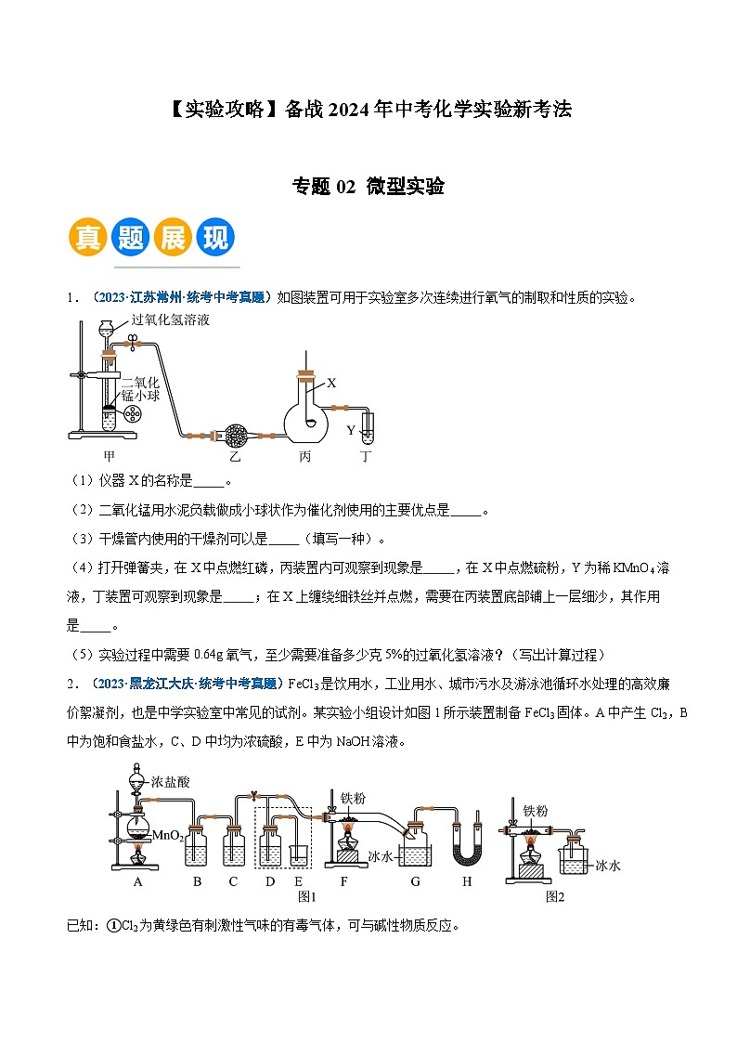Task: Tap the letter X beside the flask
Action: point(331,383)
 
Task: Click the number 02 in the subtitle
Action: point(345,187)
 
